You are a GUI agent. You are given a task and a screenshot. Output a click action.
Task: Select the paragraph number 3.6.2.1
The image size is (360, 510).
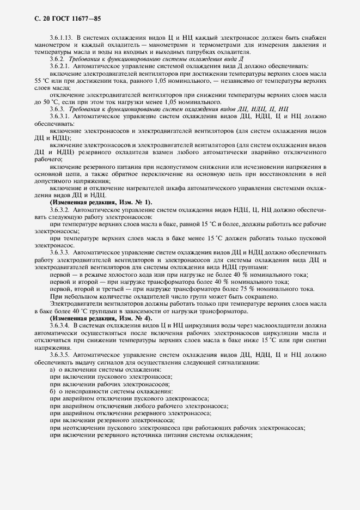coord(59,65)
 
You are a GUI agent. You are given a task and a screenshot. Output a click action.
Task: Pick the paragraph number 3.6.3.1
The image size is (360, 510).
coord(59,117)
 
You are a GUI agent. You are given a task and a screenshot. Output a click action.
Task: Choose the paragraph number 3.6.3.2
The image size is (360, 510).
coord(59,209)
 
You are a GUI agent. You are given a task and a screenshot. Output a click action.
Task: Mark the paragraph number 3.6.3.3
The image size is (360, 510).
coord(59,252)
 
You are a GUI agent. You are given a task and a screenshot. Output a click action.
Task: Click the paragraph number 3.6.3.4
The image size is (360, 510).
coord(59,325)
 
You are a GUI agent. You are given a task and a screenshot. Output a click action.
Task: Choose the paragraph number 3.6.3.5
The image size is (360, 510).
coord(59,354)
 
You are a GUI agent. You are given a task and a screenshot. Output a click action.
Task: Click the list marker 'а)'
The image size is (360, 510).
coord(52,369)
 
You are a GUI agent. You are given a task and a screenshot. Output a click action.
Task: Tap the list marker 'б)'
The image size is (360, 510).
coord(52,391)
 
